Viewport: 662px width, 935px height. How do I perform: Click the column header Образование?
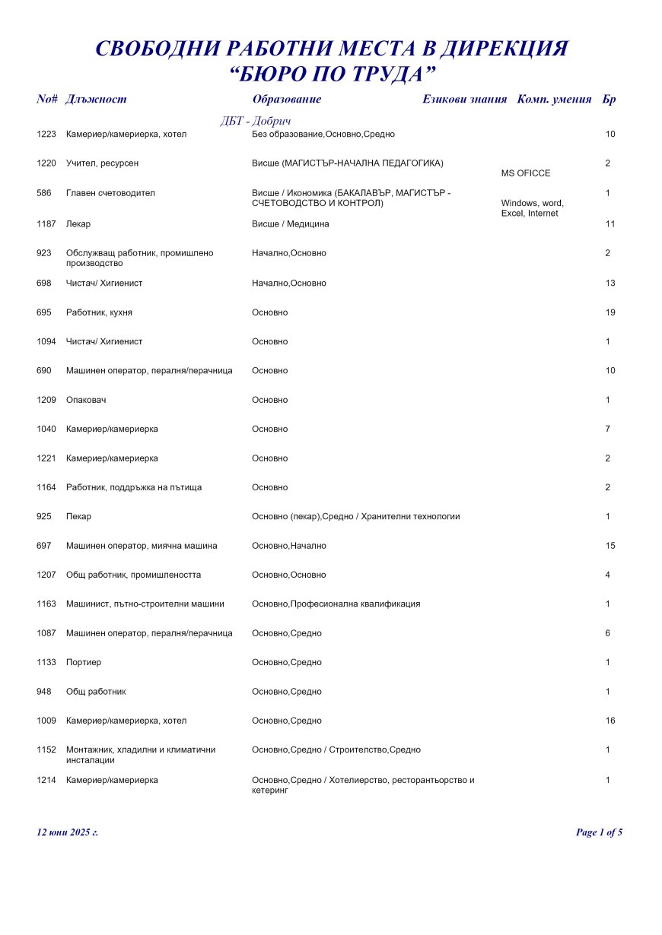pos(286,100)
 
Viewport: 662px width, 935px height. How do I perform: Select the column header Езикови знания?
pos(464,100)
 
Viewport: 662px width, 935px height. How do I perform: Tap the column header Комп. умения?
pos(554,100)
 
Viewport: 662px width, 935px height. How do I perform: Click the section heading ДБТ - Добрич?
pos(256,122)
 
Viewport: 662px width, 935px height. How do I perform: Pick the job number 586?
pos(44,193)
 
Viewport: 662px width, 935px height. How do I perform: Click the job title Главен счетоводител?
pos(110,193)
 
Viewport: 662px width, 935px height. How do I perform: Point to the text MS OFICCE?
pos(526,173)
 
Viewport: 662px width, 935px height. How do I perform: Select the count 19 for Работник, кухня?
pos(609,312)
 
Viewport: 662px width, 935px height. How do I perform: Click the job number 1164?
pos(46,487)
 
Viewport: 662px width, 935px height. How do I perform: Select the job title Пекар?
pos(78,517)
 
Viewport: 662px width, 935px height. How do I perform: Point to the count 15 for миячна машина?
pos(609,546)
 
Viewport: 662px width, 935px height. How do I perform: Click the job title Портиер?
pos(84,662)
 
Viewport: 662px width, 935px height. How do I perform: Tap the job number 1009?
pos(46,721)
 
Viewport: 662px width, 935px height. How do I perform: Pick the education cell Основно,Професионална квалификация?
pos(336,604)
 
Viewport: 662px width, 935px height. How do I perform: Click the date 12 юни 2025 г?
pos(67,832)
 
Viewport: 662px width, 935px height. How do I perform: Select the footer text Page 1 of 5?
pos(599,832)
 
